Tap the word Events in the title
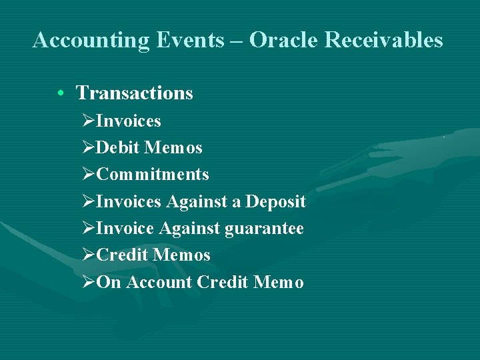181,41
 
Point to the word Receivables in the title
385,41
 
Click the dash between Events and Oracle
237,41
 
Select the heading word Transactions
135,93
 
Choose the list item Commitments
153,175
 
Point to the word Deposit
275,201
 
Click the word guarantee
264,229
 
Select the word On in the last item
109,283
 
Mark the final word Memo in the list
279,283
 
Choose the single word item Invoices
129,121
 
